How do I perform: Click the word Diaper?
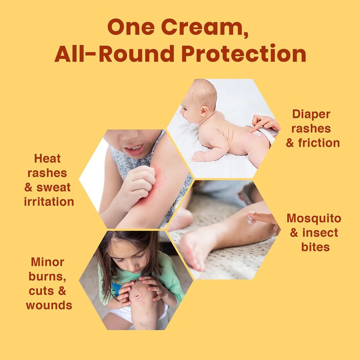click(x=311, y=114)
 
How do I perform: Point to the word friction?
click(x=319, y=143)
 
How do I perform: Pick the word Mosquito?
click(x=314, y=218)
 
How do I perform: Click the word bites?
click(x=316, y=247)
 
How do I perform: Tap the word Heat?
click(x=48, y=158)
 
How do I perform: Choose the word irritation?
click(x=49, y=202)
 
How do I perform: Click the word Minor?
click(x=48, y=262)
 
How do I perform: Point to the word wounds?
click(x=49, y=305)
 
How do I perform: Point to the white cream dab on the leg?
click(x=250, y=219)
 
